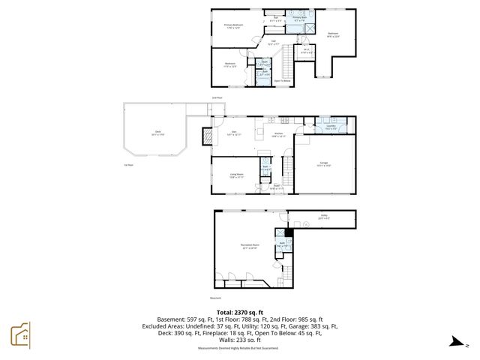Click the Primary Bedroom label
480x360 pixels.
click(233, 26)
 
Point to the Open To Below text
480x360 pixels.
click(281, 80)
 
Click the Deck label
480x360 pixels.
click(158, 132)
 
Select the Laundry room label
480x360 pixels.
click(330, 126)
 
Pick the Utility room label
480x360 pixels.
click(324, 218)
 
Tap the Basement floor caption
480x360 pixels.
click(216, 298)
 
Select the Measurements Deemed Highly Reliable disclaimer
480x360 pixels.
click(238, 349)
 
